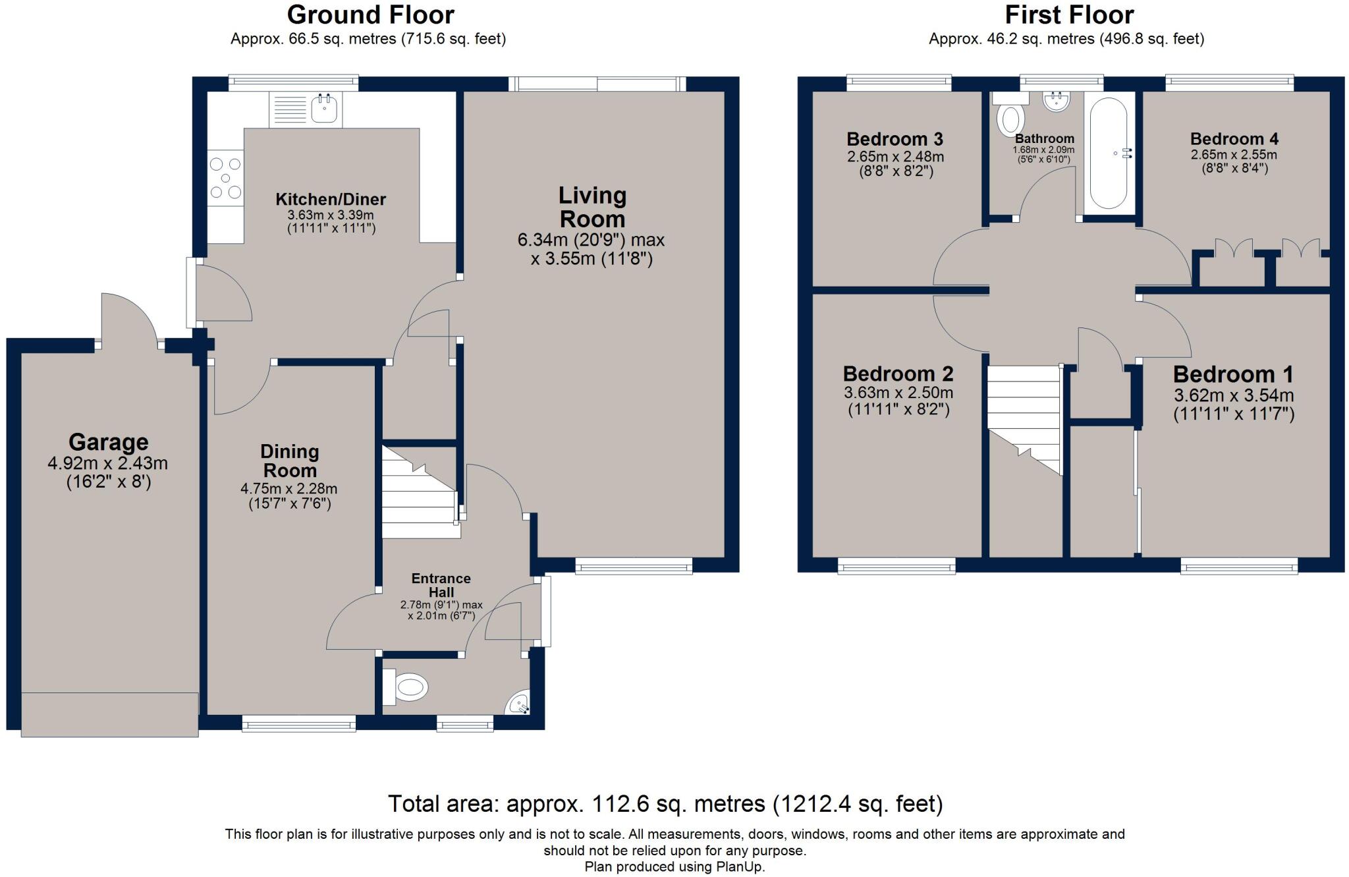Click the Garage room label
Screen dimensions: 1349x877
pos(109,441)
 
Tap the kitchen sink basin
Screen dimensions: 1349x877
pos(323,109)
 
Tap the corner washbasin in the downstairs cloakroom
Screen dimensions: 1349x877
pos(518,703)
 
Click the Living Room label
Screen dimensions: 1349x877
pos(592,207)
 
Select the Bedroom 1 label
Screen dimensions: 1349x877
pos(1234,374)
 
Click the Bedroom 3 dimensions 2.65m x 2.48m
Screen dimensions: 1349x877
pos(895,157)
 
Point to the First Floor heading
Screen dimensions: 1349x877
pos(1069,14)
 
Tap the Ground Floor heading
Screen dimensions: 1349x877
pos(371,14)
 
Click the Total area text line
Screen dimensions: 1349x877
pos(665,804)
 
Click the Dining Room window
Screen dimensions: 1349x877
pos(299,724)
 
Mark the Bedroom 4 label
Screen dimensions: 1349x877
pos(1234,139)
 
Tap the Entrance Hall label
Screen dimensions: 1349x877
pos(441,585)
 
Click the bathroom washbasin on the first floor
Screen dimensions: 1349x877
pos(1057,101)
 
